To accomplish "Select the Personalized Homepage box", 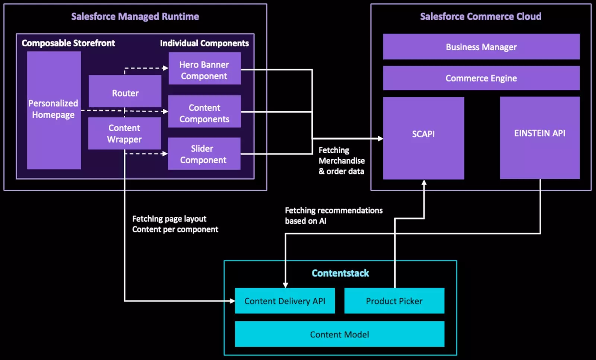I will [x=54, y=110].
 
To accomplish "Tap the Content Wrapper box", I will [x=124, y=133].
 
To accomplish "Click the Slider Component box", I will [x=204, y=154].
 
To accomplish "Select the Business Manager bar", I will [x=481, y=47].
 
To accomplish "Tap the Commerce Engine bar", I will [x=481, y=78].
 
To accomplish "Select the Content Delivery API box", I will [x=285, y=301].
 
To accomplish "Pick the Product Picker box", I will [x=394, y=301].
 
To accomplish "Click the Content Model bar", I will [x=339, y=334].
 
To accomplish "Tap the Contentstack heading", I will [x=340, y=273].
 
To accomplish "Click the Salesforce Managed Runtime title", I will [x=135, y=16].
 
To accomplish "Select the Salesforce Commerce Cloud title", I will [x=481, y=16].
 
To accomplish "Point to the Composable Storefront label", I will [x=68, y=43].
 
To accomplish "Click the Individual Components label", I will [x=204, y=43].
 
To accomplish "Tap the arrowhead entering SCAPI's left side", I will [x=380, y=139].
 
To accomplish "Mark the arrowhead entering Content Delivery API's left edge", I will [x=232, y=301].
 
